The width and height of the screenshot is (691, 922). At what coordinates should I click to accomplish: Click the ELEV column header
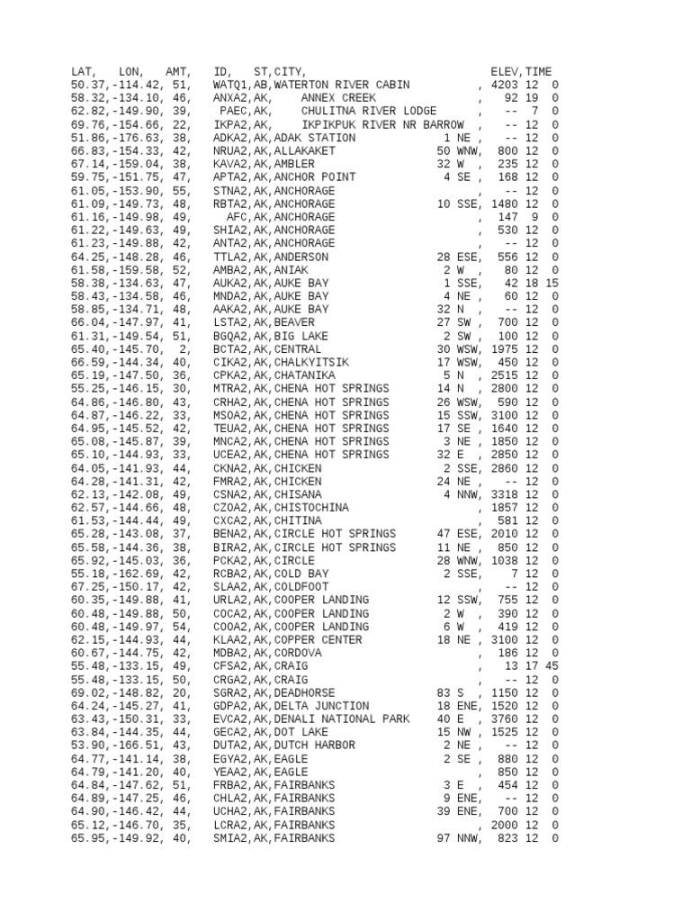pyautogui.click(x=505, y=72)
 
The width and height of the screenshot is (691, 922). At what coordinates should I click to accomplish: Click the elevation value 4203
pyautogui.click(x=505, y=86)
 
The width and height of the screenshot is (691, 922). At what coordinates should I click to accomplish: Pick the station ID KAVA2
pyautogui.click(x=229, y=165)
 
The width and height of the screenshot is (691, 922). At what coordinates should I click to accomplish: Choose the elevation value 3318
pyautogui.click(x=505, y=495)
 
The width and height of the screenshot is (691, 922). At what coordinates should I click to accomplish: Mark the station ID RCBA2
pyautogui.click(x=229, y=574)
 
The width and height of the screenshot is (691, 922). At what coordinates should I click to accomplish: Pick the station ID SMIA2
pyautogui.click(x=229, y=838)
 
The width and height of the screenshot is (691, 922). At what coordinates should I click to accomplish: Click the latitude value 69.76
pyautogui.click(x=87, y=125)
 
